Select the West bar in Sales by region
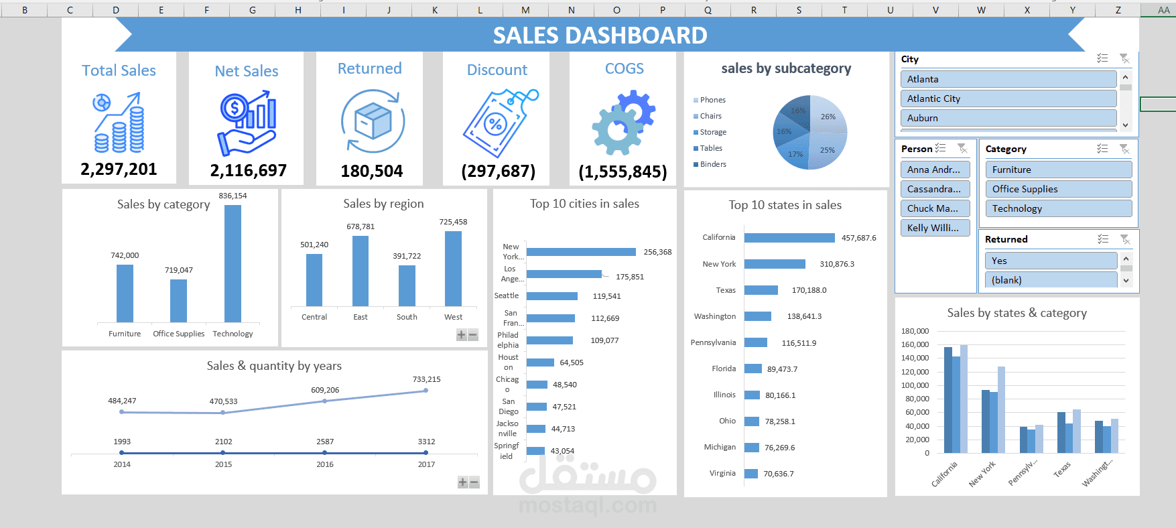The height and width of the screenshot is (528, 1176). [453, 269]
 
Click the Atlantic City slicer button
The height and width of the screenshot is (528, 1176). [1008, 98]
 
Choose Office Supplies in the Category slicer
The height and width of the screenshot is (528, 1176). [1058, 189]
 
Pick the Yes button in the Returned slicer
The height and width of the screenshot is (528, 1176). [1050, 261]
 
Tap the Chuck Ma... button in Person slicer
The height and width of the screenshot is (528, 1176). [933, 208]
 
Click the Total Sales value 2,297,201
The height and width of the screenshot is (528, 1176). [119, 170]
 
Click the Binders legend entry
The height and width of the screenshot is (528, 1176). [712, 164]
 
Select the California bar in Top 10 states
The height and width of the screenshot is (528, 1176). [789, 238]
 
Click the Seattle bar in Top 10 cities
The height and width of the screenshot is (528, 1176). [551, 296]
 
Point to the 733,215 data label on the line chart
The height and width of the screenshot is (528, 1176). [426, 379]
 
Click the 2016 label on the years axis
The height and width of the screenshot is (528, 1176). [325, 464]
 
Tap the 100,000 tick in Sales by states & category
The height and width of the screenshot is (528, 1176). [915, 385]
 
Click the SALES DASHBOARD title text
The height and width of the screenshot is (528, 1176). [600, 36]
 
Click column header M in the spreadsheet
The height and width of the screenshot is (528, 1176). [525, 10]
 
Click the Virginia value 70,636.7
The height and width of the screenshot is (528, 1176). [778, 474]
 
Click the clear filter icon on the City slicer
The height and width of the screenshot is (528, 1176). [1124, 59]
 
